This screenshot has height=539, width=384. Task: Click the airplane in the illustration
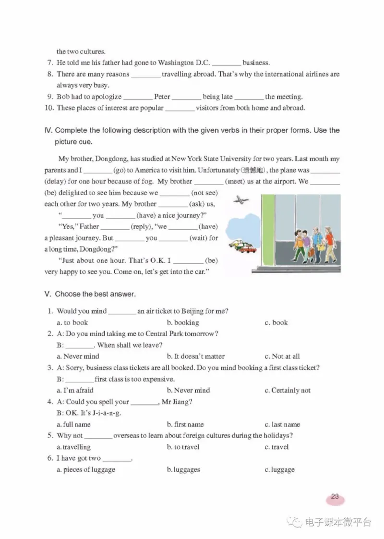240,200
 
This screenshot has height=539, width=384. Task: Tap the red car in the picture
248,249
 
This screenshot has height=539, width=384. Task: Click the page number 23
335,497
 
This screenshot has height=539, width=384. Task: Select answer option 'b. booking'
183,323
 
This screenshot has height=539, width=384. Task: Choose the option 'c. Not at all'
282,356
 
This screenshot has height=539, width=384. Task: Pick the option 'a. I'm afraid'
75,391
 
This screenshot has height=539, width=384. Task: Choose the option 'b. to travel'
183,447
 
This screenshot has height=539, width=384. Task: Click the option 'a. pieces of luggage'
86,470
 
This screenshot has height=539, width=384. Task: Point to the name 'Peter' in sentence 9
162,97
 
